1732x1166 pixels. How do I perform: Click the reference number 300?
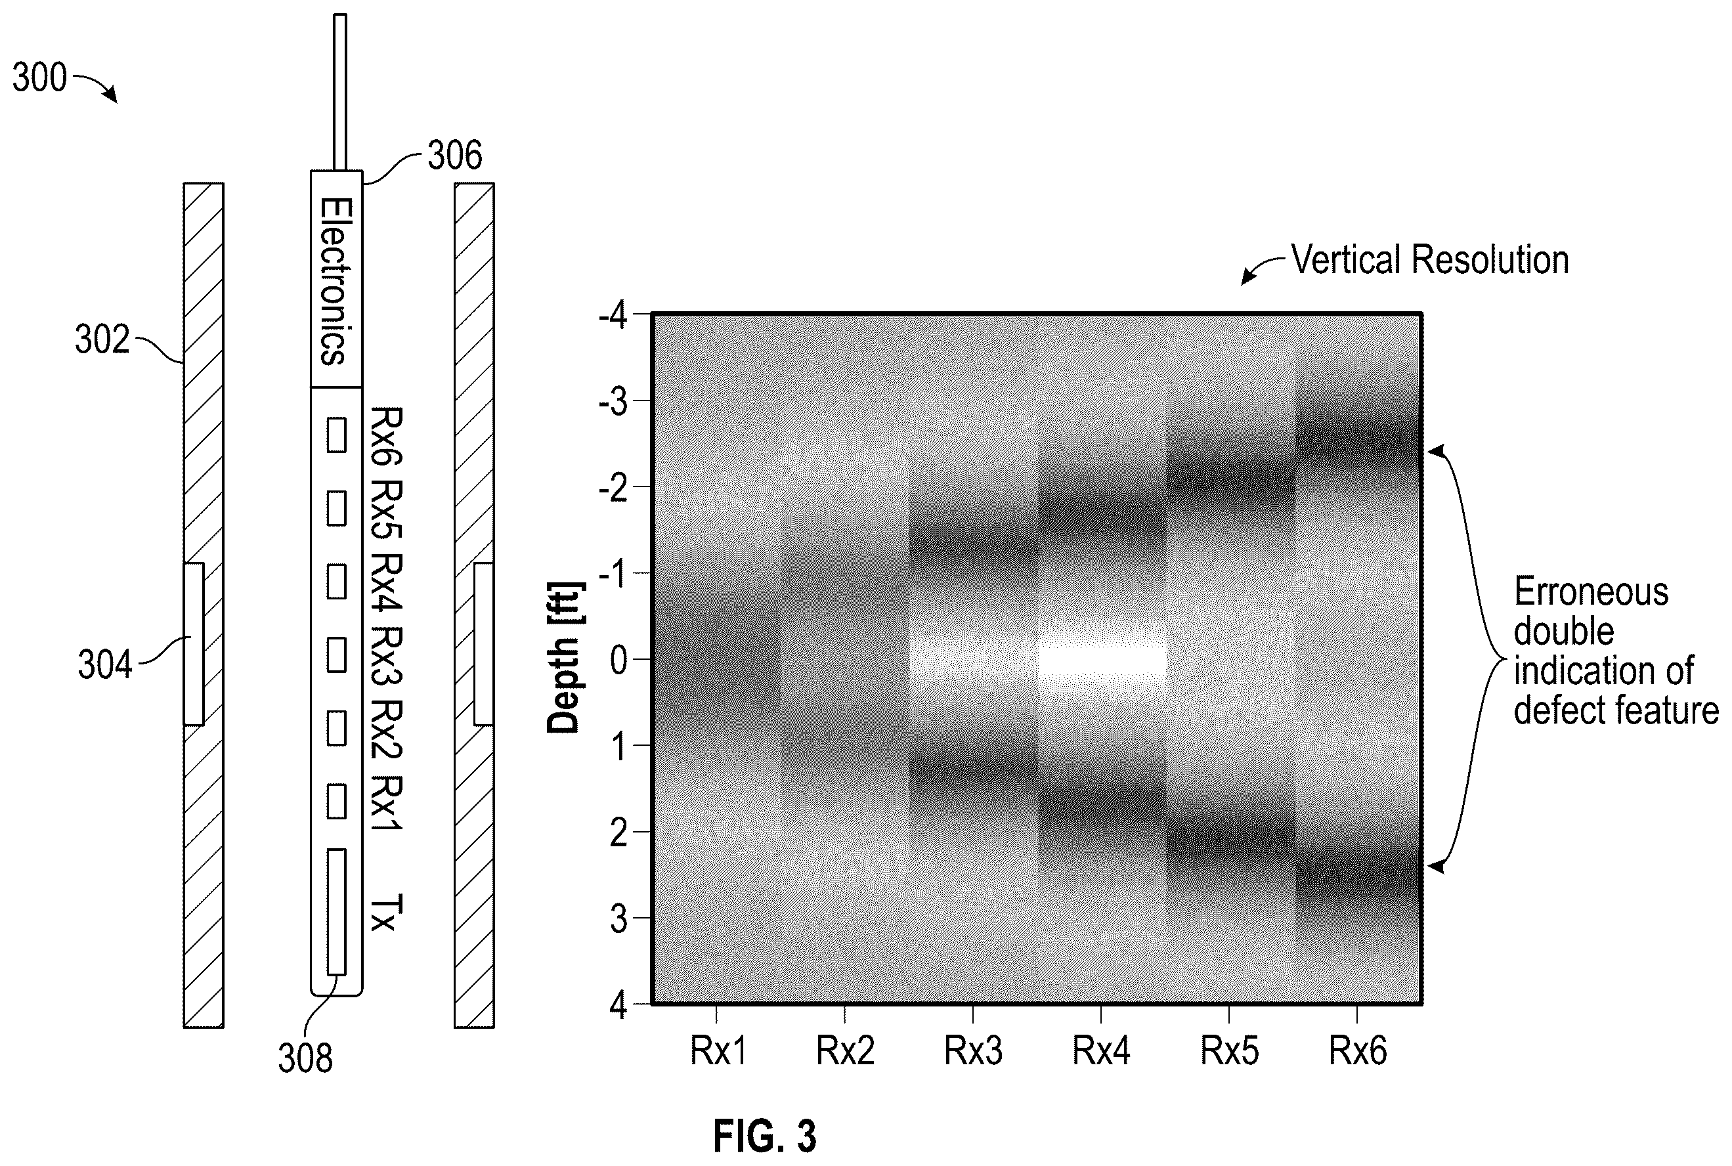coord(39,78)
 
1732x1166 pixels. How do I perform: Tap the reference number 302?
coord(102,340)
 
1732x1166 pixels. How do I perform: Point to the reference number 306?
coord(454,156)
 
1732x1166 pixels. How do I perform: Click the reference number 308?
coord(305,1058)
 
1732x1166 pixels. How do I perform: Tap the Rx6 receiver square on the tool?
coord(336,435)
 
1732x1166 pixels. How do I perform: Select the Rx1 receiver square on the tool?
coord(336,801)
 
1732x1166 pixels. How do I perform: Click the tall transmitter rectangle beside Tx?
coord(336,912)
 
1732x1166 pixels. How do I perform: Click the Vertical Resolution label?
coord(1429,260)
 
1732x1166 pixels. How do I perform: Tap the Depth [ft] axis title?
coord(565,658)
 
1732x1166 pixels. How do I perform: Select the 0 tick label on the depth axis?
coord(618,660)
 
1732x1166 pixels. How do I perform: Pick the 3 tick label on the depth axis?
coord(618,920)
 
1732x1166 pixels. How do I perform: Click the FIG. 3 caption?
coord(764,1136)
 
